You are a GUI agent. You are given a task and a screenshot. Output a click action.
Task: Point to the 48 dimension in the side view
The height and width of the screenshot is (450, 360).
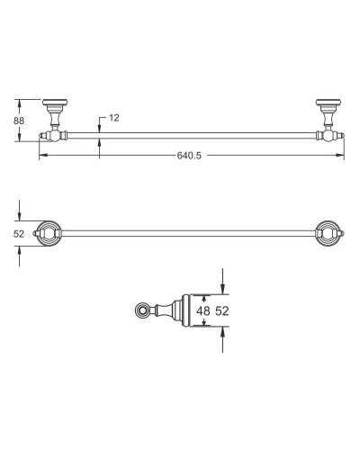[x=204, y=311]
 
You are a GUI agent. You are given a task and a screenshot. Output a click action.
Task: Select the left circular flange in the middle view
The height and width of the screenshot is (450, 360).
[x=47, y=234]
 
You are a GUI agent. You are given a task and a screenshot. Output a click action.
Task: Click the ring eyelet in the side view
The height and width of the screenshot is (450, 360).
[x=141, y=311]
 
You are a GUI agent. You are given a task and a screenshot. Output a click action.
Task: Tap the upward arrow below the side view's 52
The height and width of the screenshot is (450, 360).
[x=224, y=337]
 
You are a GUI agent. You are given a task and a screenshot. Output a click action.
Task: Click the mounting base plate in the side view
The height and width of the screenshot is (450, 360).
[x=185, y=311]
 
